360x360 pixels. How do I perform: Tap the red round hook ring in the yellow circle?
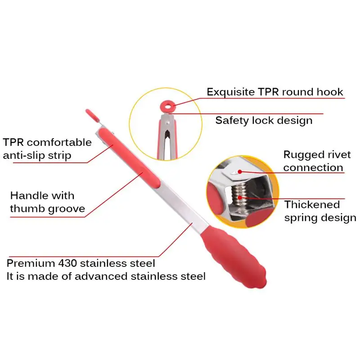tap(167, 106)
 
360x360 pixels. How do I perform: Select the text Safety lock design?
tap(264, 120)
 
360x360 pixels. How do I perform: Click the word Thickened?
tap(312, 205)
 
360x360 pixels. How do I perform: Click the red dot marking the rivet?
tap(240, 171)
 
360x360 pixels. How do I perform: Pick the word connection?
tap(313, 168)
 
